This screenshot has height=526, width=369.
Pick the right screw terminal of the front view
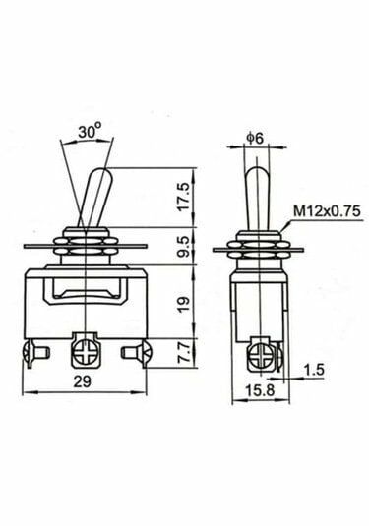(x=132, y=349)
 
